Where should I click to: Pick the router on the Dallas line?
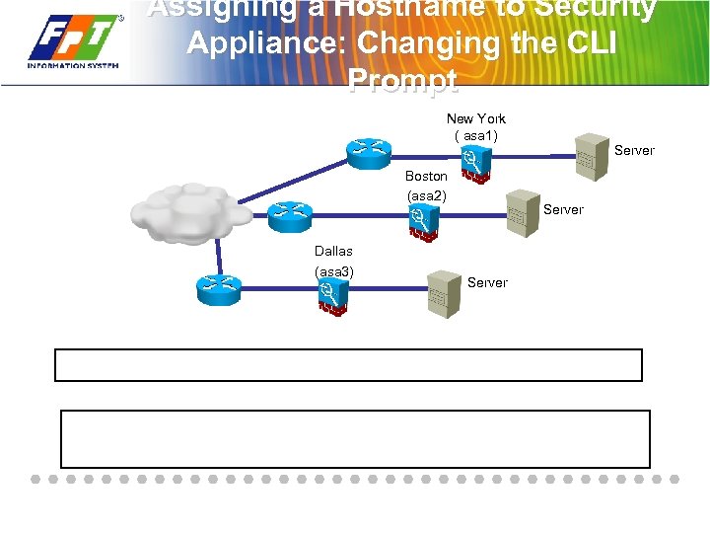218,288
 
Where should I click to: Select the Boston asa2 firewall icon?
422,224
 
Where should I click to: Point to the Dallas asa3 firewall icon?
331,295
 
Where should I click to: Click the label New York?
475,118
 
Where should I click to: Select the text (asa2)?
426,195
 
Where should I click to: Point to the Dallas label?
333,251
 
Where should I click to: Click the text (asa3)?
334,270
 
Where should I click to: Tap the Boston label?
426,176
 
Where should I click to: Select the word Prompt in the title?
403,80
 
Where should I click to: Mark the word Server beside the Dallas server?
487,282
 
